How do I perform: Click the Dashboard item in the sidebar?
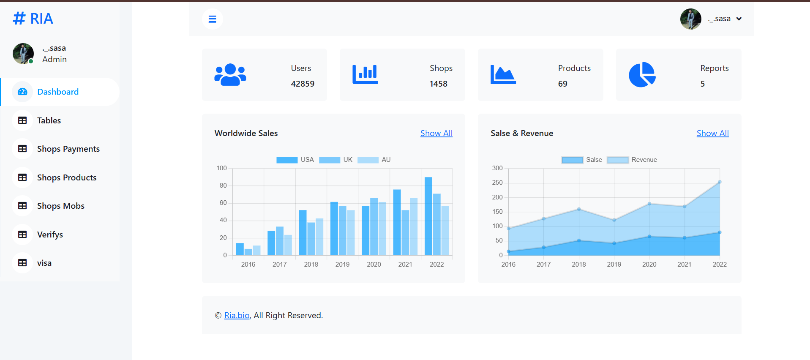(58, 92)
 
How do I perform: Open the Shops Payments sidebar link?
(68, 149)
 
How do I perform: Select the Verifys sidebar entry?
(50, 235)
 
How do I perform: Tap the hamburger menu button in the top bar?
(213, 19)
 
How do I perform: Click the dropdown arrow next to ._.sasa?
(739, 19)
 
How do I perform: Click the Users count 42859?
(303, 84)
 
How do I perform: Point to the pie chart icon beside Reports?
(642, 75)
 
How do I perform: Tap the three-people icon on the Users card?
(230, 75)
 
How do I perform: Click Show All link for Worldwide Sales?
(436, 133)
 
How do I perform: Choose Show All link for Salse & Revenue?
(713, 133)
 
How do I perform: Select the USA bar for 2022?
(428, 216)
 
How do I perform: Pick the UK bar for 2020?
(374, 226)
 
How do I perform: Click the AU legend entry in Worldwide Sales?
(374, 160)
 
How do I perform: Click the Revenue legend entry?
(632, 160)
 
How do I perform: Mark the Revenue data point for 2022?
(720, 182)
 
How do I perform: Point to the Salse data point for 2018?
(579, 240)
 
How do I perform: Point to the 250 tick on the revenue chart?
(497, 183)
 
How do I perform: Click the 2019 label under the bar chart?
(342, 265)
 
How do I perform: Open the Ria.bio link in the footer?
(237, 315)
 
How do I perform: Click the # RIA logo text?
(33, 19)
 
